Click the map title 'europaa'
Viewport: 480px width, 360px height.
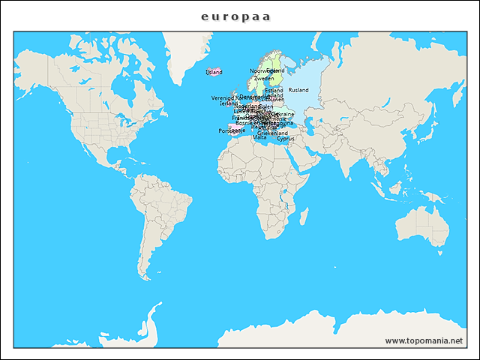pyautogui.click(x=236, y=16)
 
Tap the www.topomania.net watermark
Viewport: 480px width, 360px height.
pyautogui.click(x=424, y=340)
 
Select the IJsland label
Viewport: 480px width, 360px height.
pyautogui.click(x=214, y=72)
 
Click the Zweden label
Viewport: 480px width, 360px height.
pyautogui.click(x=264, y=78)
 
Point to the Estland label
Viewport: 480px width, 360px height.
pyautogui.click(x=274, y=90)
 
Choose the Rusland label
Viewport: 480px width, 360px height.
pyautogui.click(x=298, y=90)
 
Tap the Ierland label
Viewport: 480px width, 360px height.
pyautogui.click(x=228, y=103)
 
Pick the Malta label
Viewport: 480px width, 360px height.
pyautogui.click(x=259, y=137)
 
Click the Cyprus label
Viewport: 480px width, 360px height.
pyautogui.click(x=285, y=139)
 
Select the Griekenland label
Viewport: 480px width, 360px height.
pyautogui.click(x=272, y=133)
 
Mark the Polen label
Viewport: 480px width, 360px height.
pyautogui.click(x=265, y=107)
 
